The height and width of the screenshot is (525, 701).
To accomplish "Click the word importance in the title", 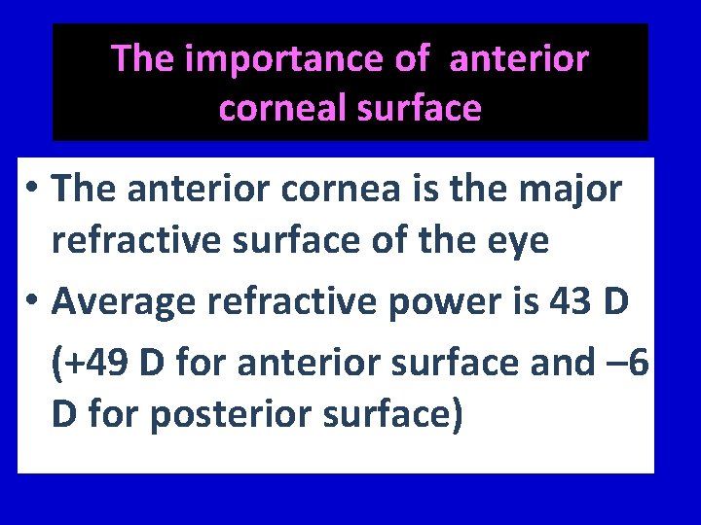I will coord(287,59).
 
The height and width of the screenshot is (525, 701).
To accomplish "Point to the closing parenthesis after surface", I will coord(455,414).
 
